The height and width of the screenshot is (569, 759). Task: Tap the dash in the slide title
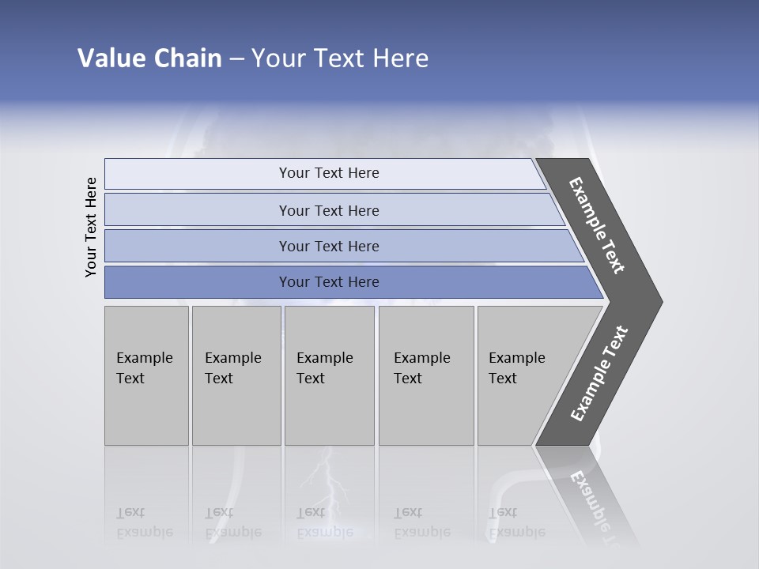tap(236, 59)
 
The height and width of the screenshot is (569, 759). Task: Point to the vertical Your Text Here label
tap(91, 227)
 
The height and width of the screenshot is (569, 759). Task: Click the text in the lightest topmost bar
tap(329, 173)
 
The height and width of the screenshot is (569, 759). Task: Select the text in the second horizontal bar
tap(329, 210)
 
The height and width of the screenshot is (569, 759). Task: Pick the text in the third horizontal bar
tap(329, 247)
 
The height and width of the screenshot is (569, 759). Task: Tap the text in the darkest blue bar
tap(329, 282)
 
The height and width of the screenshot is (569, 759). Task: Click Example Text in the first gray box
tap(144, 368)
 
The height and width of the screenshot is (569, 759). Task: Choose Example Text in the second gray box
tap(232, 368)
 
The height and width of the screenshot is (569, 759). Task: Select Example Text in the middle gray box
tap(324, 368)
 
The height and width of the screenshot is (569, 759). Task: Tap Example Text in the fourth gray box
tap(421, 368)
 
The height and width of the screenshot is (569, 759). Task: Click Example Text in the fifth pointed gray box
tap(516, 368)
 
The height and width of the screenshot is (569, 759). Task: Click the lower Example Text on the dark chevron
tap(599, 374)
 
